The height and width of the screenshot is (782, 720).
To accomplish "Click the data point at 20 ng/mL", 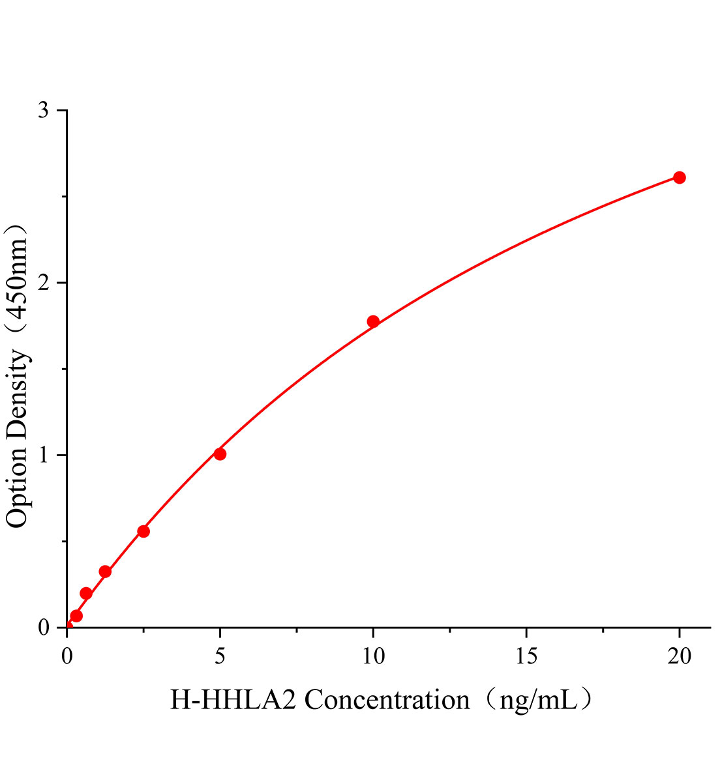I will click(x=679, y=177).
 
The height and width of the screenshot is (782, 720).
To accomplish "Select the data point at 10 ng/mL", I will click(x=373, y=321).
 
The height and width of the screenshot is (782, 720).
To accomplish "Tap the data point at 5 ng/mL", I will click(x=220, y=454).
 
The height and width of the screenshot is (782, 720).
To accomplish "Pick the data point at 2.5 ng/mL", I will click(x=143, y=531).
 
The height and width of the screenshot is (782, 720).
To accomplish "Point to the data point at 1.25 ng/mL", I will click(x=105, y=572).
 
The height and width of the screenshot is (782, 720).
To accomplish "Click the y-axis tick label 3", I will click(x=44, y=110).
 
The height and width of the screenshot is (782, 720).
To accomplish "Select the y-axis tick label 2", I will click(x=44, y=283).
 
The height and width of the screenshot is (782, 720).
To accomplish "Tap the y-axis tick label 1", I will click(x=44, y=455).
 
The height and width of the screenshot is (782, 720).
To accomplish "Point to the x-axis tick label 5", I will click(x=220, y=656).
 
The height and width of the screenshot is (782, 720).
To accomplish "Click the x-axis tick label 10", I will click(x=373, y=656).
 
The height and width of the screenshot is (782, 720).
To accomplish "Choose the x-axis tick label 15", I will click(x=526, y=656).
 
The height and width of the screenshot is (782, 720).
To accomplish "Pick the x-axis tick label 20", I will click(x=679, y=656).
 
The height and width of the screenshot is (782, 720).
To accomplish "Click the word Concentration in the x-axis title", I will click(x=387, y=701).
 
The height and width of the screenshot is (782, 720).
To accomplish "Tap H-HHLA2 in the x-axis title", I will click(x=233, y=701).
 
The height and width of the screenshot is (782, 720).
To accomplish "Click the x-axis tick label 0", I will click(x=67, y=656).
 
